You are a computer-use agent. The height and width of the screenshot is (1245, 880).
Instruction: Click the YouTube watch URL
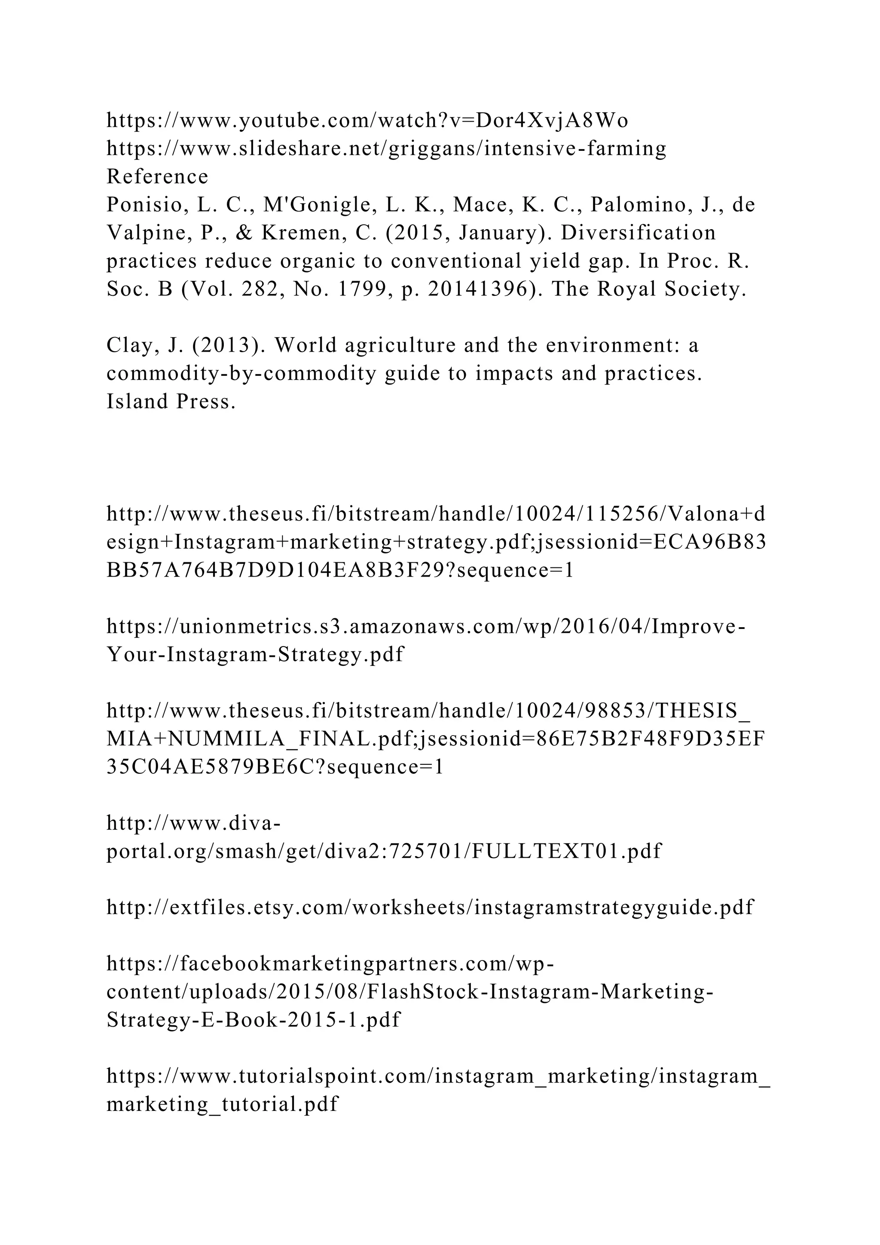367,120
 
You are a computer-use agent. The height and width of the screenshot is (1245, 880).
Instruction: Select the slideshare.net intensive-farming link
386,149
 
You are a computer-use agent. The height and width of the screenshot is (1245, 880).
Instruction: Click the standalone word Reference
157,177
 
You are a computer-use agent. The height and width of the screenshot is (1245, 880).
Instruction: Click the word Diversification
638,233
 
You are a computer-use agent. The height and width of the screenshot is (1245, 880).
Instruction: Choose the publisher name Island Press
171,402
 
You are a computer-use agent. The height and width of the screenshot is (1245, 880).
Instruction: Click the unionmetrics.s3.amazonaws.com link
425,626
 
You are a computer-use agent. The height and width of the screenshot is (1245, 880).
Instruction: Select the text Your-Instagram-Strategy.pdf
255,654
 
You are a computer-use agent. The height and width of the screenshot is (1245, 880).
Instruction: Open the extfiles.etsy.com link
430,907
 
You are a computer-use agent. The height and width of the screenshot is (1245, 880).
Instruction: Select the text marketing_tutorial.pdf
222,1104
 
